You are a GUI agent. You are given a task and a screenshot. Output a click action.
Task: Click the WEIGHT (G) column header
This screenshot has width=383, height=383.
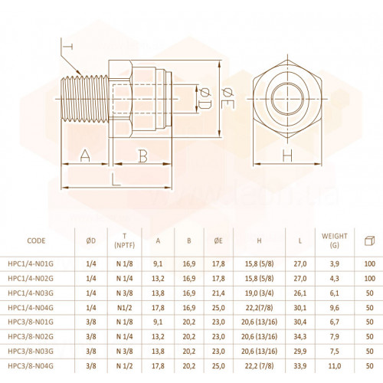335,241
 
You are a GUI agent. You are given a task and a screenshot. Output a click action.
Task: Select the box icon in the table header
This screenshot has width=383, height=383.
369,241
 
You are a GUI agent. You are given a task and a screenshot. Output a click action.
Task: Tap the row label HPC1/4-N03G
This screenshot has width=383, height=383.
31,293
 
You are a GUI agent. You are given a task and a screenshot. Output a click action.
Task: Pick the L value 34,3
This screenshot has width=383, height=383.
300,336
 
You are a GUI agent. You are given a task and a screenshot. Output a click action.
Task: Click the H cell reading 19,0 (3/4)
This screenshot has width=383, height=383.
259,293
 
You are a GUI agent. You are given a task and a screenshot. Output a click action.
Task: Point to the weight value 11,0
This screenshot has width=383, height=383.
335,366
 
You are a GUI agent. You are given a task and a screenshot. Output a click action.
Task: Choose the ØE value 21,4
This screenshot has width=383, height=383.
218,293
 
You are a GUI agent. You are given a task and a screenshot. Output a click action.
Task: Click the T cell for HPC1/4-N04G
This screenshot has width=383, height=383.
125,308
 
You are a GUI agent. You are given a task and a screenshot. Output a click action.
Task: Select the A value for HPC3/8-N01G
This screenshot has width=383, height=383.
158,322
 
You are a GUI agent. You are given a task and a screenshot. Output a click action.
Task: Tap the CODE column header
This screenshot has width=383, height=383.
36,241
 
